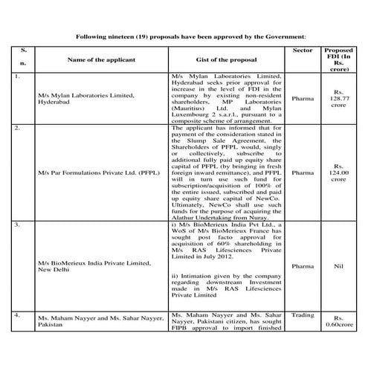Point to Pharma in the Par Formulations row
click(x=303, y=173)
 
